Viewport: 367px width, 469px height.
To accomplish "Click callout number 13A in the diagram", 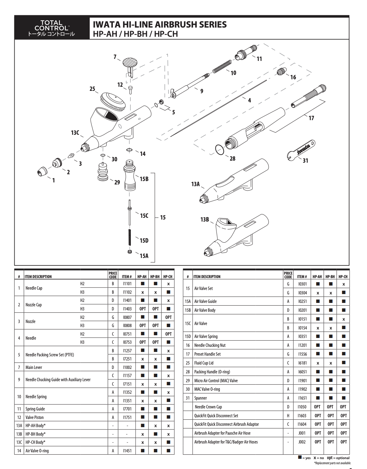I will coord(195,184).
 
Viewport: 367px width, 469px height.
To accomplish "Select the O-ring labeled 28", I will coord(220,149).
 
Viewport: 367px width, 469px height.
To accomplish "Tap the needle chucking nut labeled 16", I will coord(281,72).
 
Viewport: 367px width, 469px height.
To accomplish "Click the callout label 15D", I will coord(144,241).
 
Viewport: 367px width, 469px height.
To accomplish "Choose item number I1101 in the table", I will coord(127,284).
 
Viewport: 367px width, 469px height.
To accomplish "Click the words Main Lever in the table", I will coord(34,368).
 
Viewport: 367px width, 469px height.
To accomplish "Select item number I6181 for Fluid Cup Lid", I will coord(302,363).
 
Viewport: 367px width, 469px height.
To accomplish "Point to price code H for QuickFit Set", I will coord(288,416).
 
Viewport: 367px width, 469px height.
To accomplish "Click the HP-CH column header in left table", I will coord(168,277).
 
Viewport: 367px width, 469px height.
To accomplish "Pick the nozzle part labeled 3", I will coord(71,155).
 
